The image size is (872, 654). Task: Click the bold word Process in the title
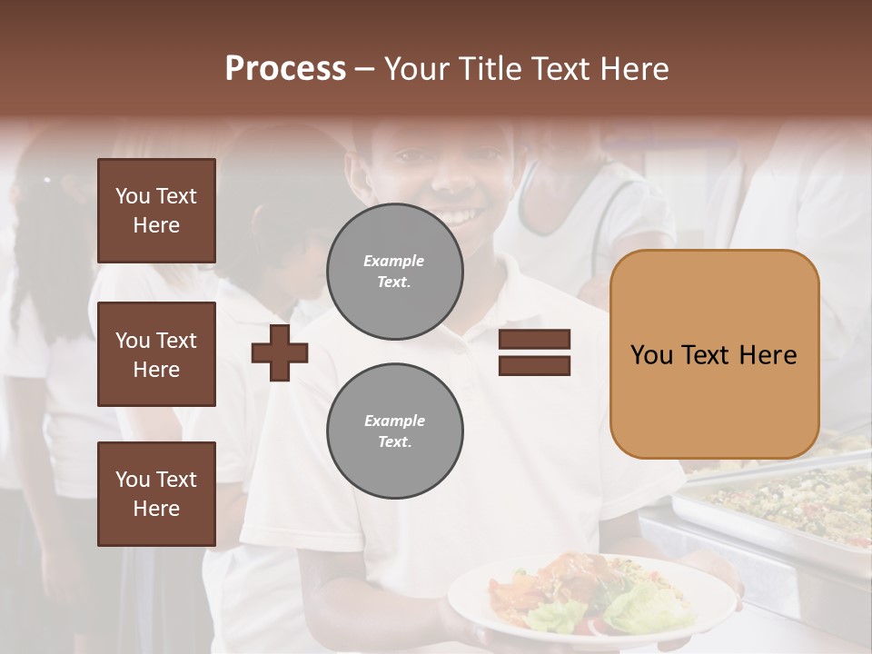[x=285, y=69]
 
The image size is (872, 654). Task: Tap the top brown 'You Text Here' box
[x=156, y=211]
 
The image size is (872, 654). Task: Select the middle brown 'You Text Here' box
[x=156, y=354]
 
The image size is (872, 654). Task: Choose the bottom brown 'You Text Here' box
[x=156, y=493]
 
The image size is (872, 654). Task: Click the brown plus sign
[x=280, y=354]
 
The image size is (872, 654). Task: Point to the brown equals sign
[x=535, y=352]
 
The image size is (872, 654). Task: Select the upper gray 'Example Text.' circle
[x=395, y=271]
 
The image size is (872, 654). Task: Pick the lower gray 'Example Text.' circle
[x=395, y=431]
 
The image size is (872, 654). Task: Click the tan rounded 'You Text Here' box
[x=714, y=354]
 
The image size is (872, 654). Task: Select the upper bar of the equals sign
[x=535, y=340]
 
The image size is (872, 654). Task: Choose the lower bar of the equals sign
[x=535, y=365]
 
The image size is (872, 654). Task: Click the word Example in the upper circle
[x=394, y=261]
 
